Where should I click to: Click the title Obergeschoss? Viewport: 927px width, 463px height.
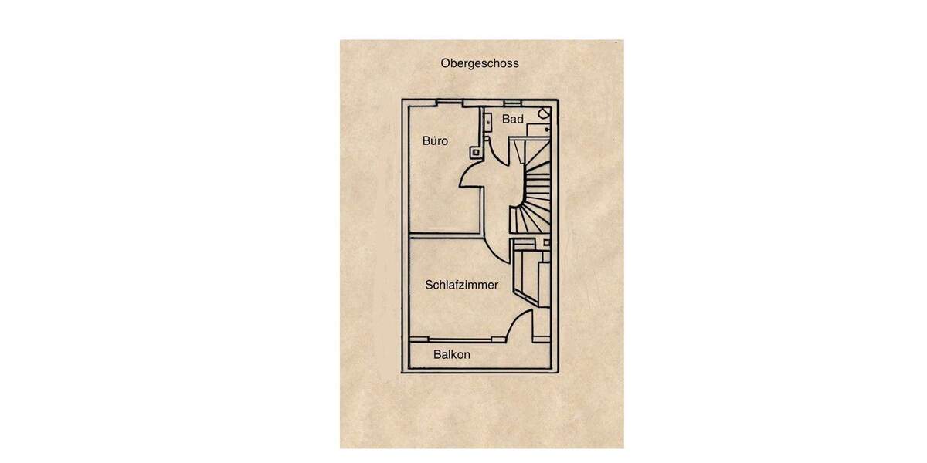[479, 63]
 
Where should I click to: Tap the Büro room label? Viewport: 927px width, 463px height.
[435, 141]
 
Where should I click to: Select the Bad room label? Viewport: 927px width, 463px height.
[513, 119]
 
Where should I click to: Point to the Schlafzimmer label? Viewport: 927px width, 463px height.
[461, 285]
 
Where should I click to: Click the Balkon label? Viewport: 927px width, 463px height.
[451, 354]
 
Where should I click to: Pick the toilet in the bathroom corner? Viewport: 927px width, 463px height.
[544, 113]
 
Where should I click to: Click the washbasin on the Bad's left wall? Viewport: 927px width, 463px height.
[488, 123]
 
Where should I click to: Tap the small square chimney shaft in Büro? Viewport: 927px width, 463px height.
[476, 153]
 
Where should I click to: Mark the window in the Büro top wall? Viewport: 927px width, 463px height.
[450, 103]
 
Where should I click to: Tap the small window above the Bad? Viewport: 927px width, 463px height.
[512, 102]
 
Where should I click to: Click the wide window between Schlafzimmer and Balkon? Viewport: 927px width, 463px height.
[460, 340]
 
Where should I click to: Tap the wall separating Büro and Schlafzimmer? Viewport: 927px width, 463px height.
[447, 236]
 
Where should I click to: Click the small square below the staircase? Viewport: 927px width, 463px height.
[546, 242]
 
